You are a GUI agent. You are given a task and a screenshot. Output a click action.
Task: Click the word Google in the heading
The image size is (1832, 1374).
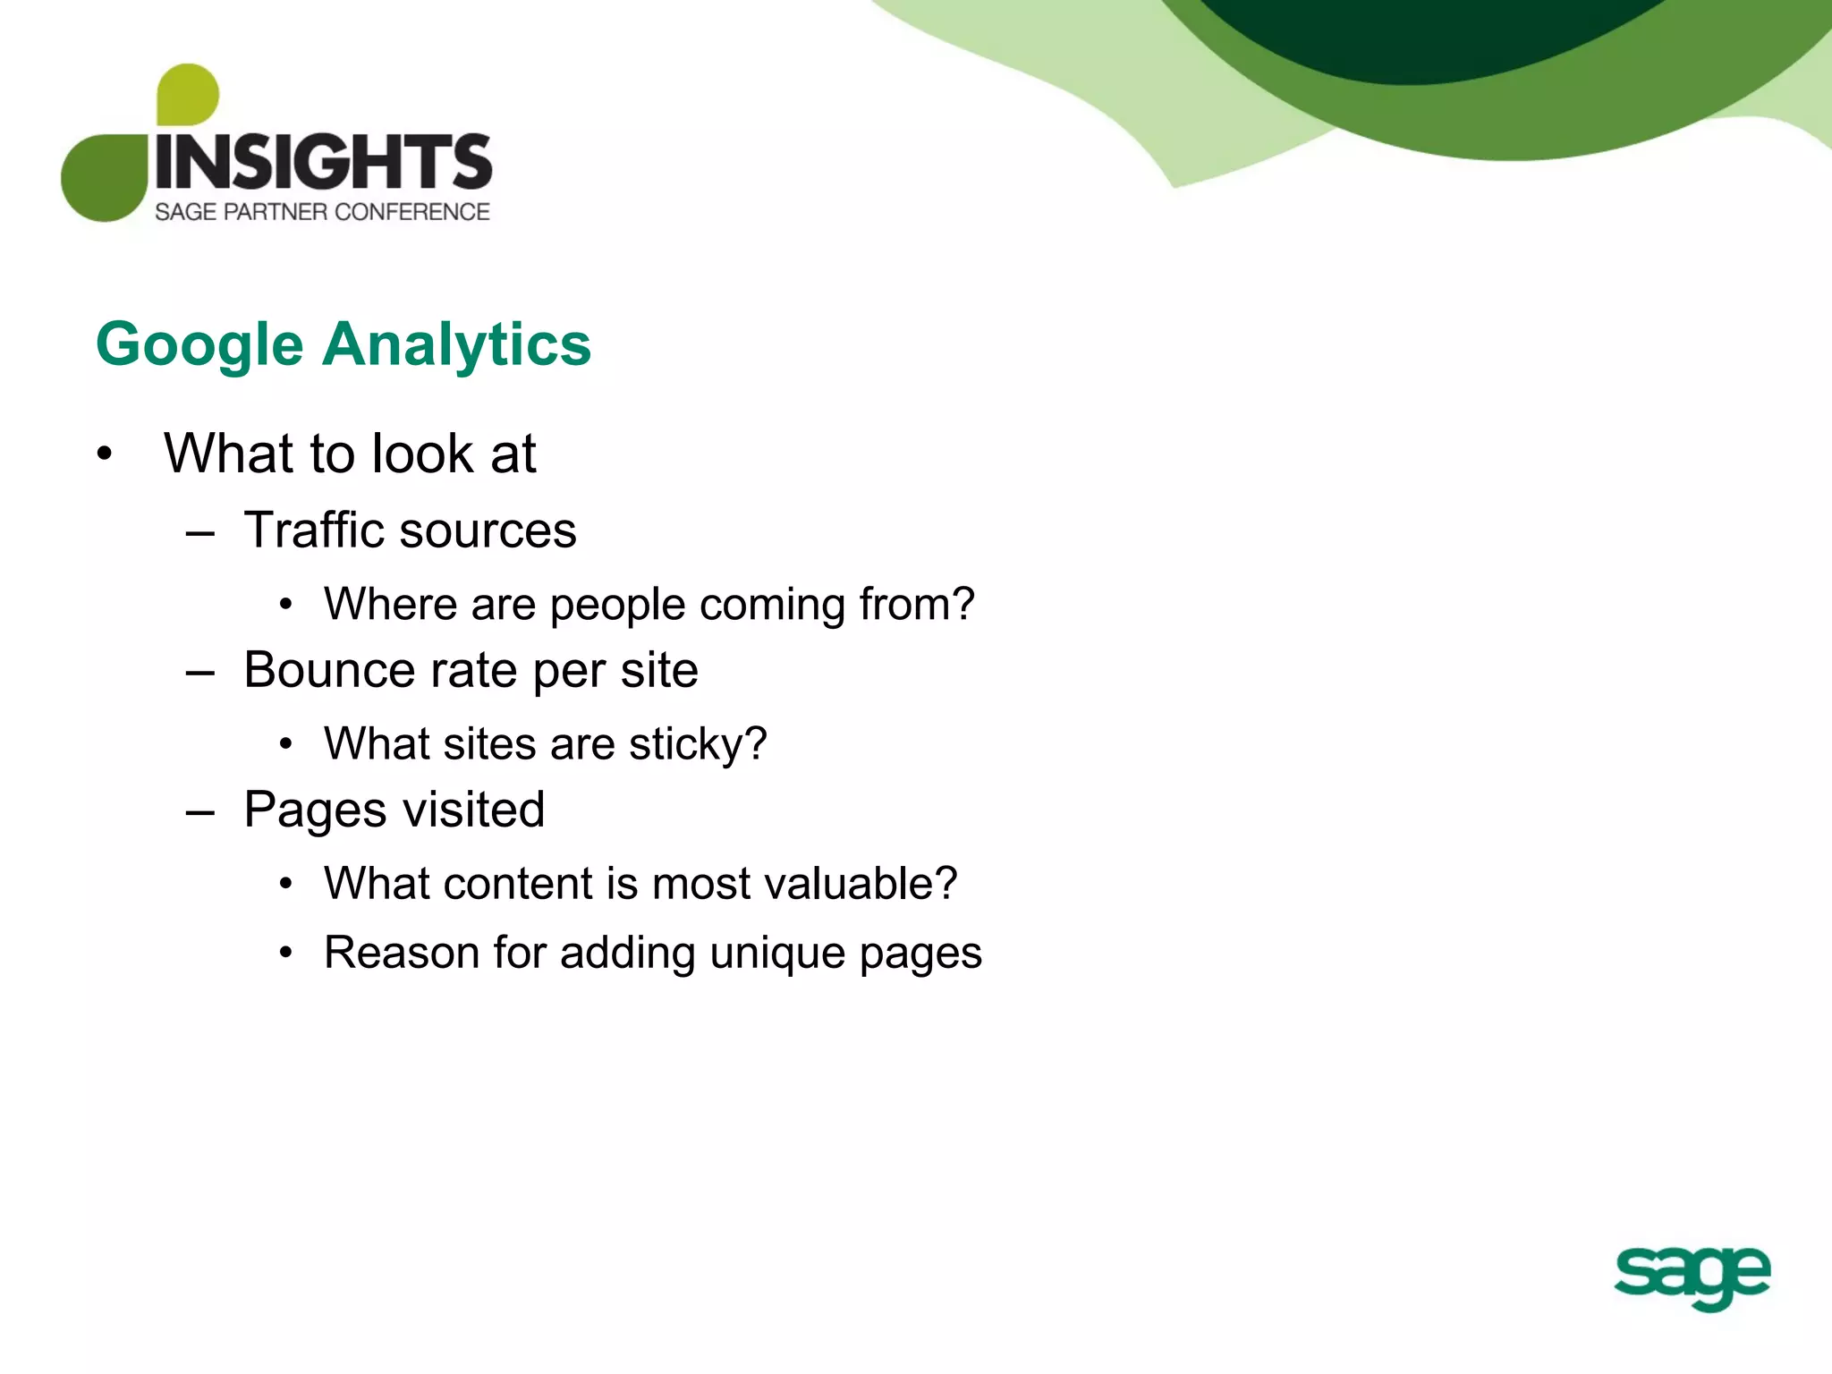(199, 345)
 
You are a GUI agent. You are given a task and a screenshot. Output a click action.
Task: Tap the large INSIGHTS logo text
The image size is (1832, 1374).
(323, 162)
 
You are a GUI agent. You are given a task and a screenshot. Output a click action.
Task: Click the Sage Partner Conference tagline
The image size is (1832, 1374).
(322, 212)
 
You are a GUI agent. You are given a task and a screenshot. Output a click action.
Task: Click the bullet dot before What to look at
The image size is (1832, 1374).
(105, 454)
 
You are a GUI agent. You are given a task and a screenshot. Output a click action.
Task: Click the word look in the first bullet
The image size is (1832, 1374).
(421, 454)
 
